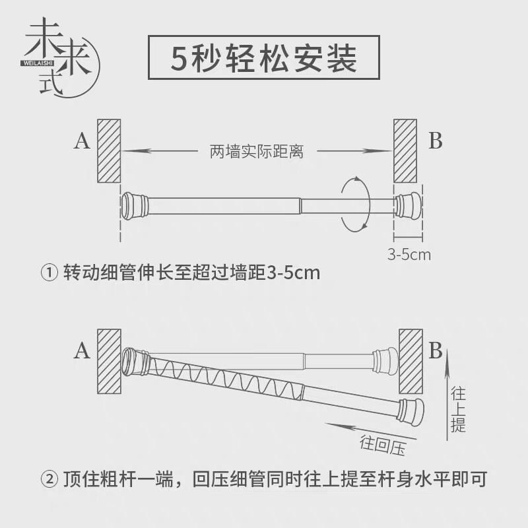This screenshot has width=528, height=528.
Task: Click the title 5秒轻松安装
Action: (263, 57)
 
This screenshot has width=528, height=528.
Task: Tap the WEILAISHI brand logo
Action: (61, 57)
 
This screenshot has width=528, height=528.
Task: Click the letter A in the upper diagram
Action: (82, 141)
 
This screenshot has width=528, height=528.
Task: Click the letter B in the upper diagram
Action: (436, 141)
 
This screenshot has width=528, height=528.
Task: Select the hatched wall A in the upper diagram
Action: (109, 151)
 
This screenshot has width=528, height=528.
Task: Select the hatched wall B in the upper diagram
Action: (405, 151)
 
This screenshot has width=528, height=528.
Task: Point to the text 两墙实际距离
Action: (257, 152)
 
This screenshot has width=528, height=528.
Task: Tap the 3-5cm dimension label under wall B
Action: (409, 255)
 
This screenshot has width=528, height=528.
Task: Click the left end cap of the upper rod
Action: (134, 206)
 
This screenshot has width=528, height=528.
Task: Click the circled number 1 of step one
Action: (49, 273)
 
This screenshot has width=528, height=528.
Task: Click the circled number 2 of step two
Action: (49, 479)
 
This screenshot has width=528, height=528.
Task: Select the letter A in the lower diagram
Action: (82, 351)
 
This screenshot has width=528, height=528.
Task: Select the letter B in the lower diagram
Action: (436, 350)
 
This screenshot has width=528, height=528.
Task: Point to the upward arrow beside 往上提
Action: (447, 395)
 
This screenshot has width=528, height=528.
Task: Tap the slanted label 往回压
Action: (383, 445)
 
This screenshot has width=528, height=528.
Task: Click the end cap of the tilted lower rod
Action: (411, 411)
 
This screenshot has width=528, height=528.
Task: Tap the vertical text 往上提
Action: (458, 410)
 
